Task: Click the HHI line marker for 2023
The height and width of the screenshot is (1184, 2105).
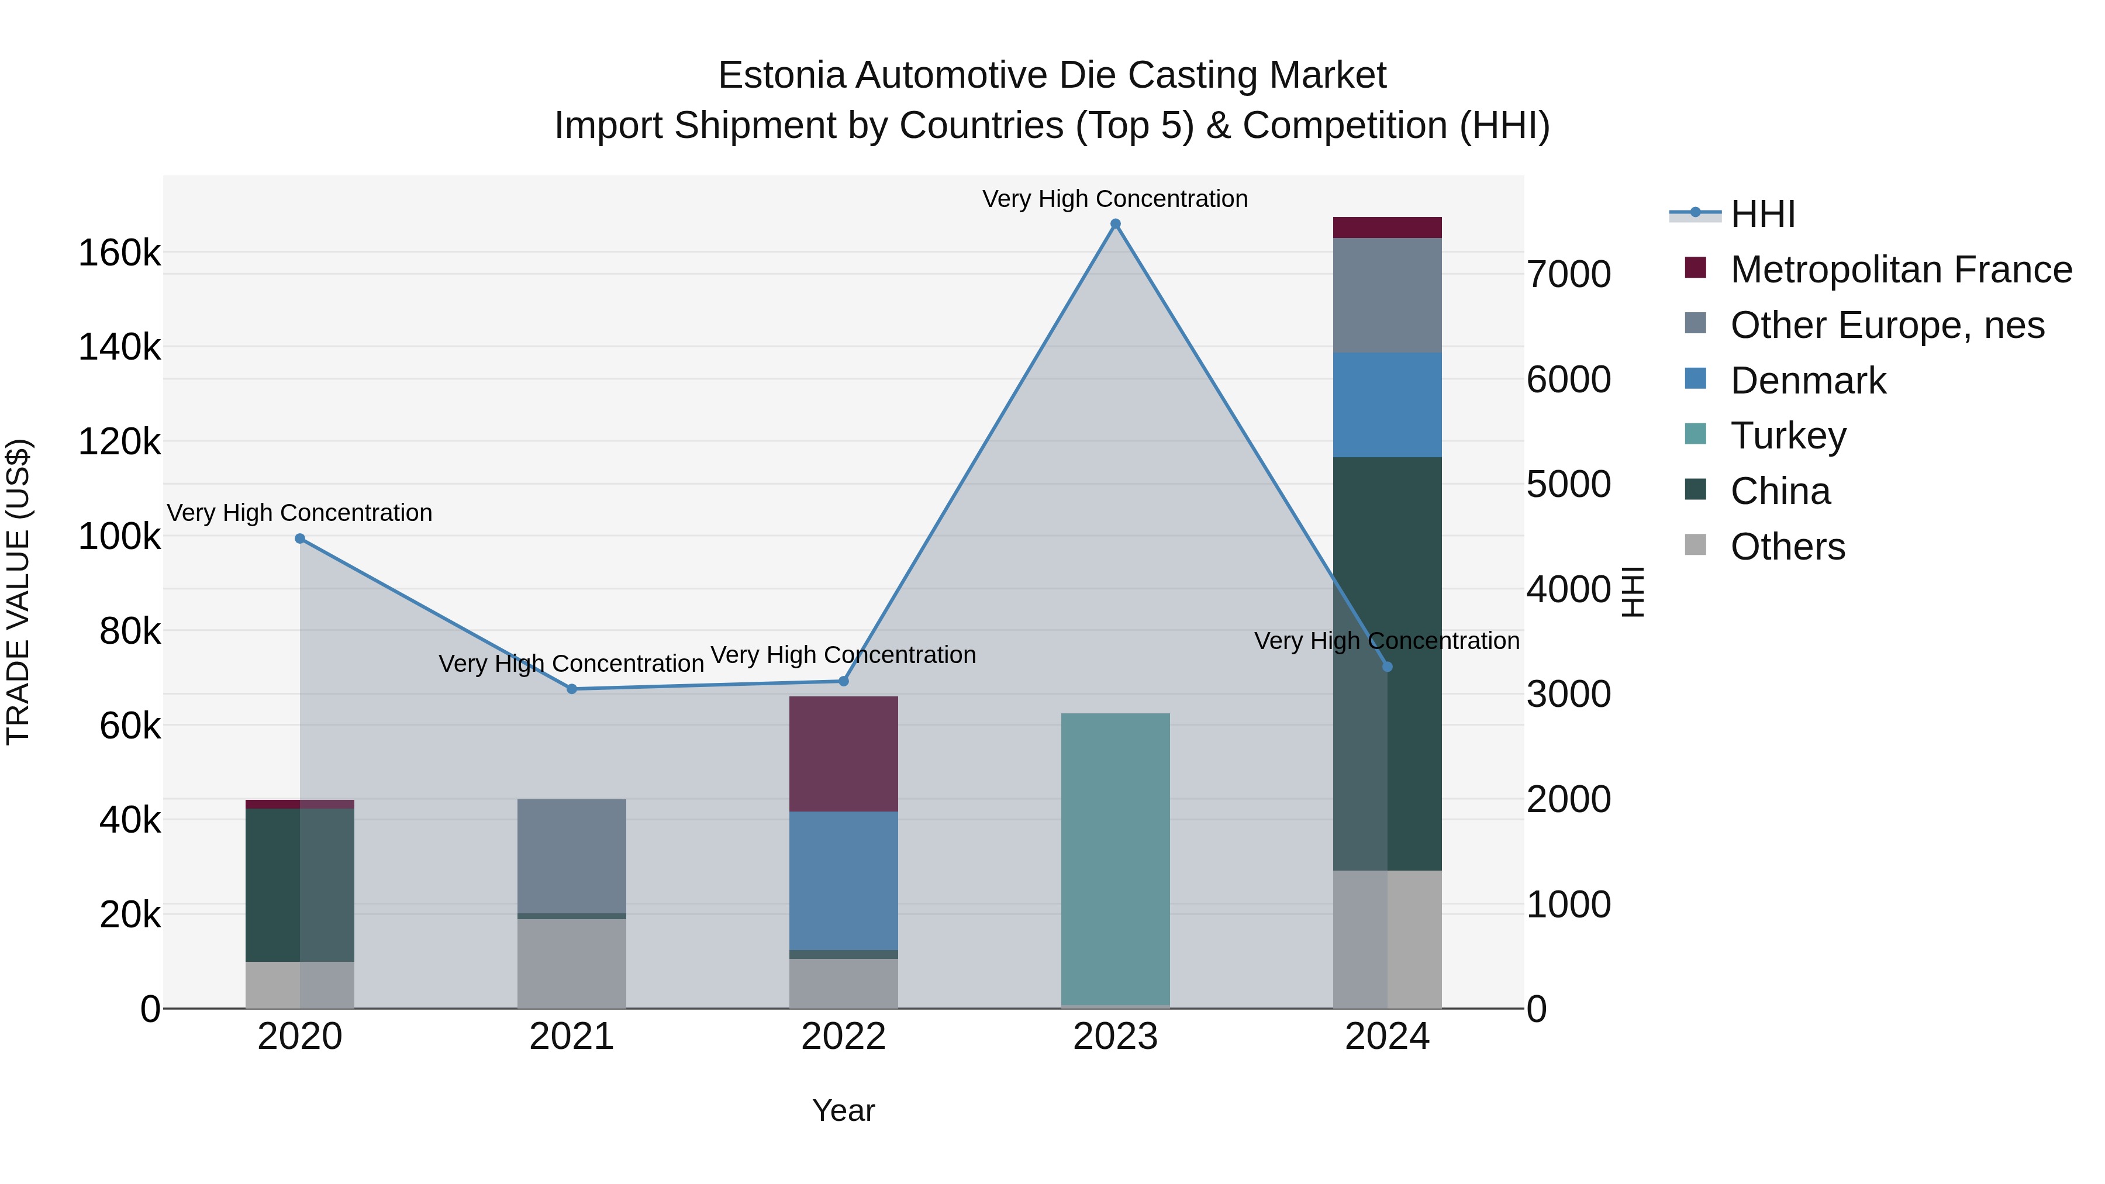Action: coord(1116,224)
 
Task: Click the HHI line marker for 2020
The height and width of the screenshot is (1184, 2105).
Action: coord(300,539)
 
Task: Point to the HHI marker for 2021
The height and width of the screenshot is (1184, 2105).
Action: coord(572,689)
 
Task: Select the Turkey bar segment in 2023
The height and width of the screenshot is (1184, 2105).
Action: coord(1116,858)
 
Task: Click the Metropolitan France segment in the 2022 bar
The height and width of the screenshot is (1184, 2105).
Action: coord(843,754)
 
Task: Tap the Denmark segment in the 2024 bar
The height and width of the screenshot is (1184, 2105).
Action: coord(1387,405)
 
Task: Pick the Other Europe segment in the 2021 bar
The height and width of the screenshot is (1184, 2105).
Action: coord(572,855)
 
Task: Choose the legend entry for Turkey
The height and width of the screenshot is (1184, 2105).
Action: coord(1788,436)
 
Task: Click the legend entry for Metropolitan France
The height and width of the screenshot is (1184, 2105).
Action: coord(1901,270)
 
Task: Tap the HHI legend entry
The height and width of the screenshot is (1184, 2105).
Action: coord(1762,214)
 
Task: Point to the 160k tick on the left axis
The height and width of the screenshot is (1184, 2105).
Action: coord(119,253)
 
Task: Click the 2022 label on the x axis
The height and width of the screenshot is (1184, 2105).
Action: coord(843,1037)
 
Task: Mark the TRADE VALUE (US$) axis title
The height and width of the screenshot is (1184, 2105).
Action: coord(18,592)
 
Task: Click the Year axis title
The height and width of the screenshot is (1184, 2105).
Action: coord(843,1110)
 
